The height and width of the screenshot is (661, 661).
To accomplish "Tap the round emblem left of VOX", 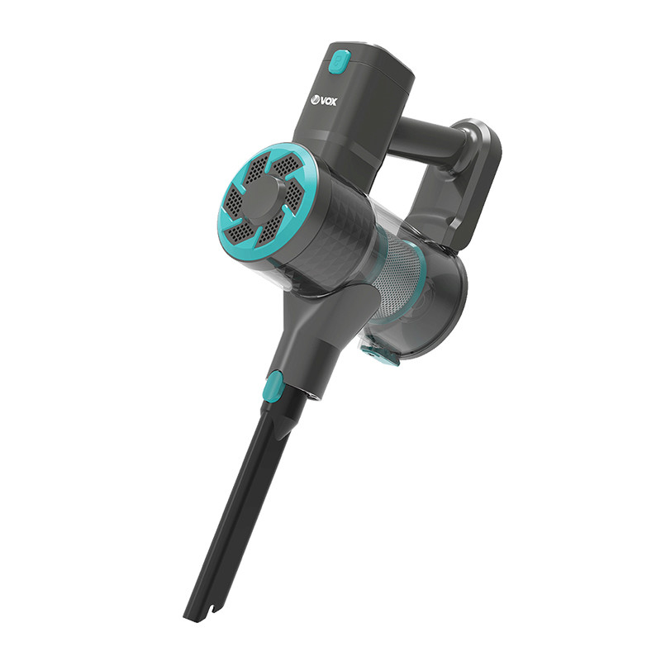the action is [x=315, y=100].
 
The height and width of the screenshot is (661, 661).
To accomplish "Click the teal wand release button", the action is [x=275, y=385].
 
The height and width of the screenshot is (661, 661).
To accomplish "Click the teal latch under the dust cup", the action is [x=379, y=354].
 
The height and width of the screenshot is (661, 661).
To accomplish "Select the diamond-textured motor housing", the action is [x=333, y=236].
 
